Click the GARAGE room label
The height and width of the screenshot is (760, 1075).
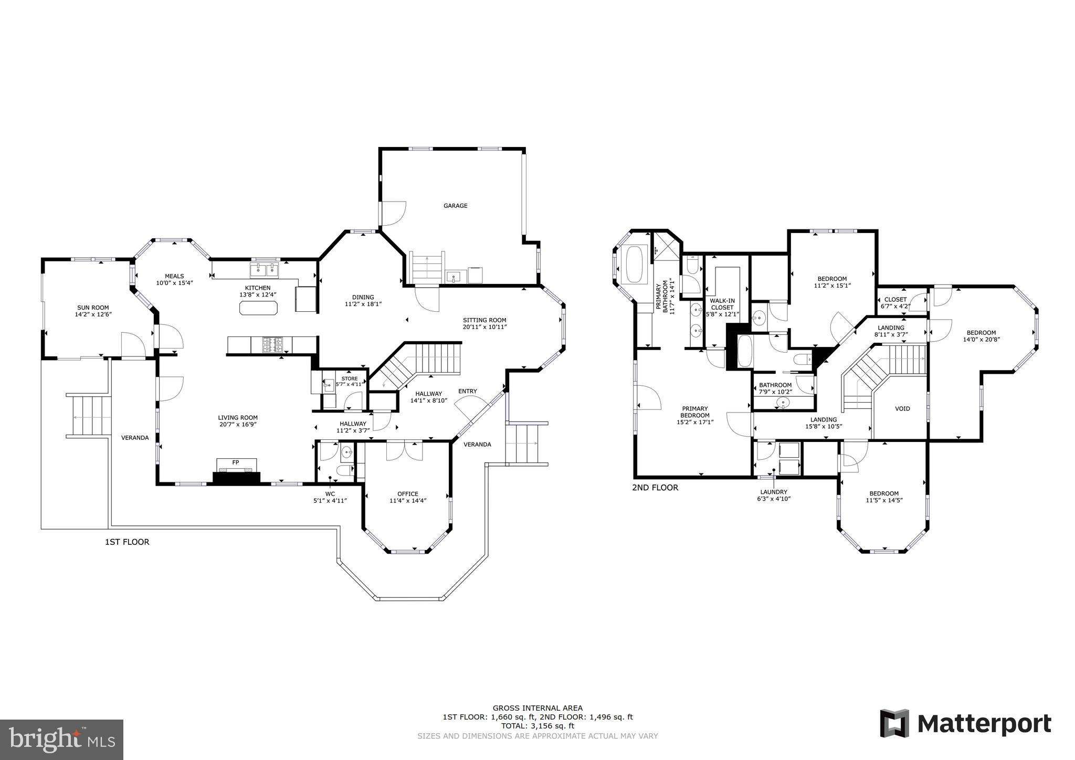pyautogui.click(x=455, y=206)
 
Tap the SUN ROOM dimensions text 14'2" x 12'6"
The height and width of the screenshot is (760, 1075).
pyautogui.click(x=93, y=314)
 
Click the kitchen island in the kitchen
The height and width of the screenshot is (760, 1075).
pyautogui.click(x=258, y=308)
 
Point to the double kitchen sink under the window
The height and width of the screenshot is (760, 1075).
pyautogui.click(x=264, y=270)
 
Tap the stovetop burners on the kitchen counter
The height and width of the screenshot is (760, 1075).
pyautogui.click(x=272, y=345)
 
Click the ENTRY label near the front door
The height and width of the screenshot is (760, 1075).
pyautogui.click(x=467, y=391)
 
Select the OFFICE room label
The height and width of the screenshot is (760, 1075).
pyautogui.click(x=407, y=494)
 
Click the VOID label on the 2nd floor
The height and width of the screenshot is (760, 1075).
pyautogui.click(x=902, y=408)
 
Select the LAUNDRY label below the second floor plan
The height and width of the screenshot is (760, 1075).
pyautogui.click(x=774, y=492)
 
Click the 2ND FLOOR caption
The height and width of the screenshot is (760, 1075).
pyautogui.click(x=655, y=488)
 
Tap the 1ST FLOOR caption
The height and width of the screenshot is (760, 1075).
pyautogui.click(x=127, y=542)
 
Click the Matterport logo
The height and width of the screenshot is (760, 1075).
pyautogui.click(x=965, y=723)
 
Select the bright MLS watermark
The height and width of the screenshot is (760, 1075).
pyautogui.click(x=62, y=740)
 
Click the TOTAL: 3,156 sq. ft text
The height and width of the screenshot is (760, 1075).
pyautogui.click(x=537, y=726)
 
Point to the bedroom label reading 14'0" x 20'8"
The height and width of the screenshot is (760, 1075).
pyautogui.click(x=981, y=339)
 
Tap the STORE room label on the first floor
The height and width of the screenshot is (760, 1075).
pyautogui.click(x=350, y=378)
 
